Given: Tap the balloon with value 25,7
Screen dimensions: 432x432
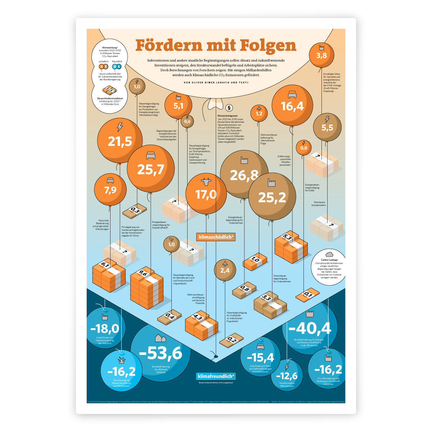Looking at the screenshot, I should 150,168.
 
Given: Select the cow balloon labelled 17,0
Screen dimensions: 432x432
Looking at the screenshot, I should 206,194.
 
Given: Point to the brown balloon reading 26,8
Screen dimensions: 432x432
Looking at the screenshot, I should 244,175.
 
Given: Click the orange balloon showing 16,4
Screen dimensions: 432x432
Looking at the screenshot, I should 292,105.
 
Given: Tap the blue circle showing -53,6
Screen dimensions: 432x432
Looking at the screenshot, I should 160,353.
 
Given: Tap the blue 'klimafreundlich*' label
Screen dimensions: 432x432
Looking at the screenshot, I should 216,376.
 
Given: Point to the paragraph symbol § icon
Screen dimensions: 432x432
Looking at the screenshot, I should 229,108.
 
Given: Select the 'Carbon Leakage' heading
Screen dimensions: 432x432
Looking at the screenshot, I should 329,260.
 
